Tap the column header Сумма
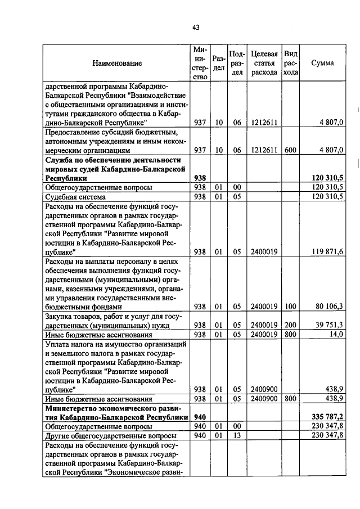pyautogui.click(x=322, y=63)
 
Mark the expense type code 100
pyautogui.click(x=290, y=307)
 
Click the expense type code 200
pyautogui.click(x=290, y=325)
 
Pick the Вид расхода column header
pyautogui.click(x=290, y=63)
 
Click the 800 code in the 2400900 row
pyautogui.click(x=290, y=398)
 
